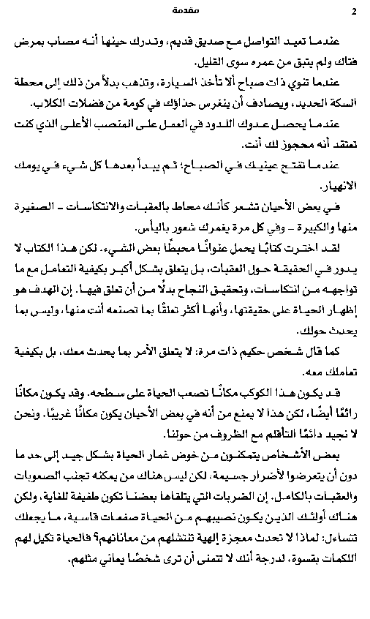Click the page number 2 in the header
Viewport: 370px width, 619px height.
point(352,11)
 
